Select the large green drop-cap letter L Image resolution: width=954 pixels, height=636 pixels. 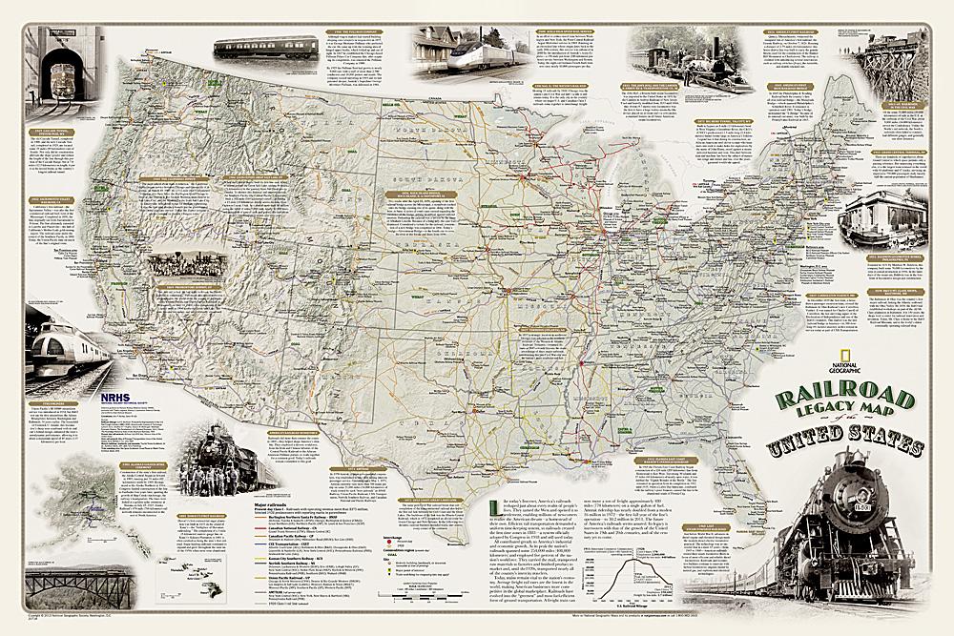pyautogui.click(x=493, y=507)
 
